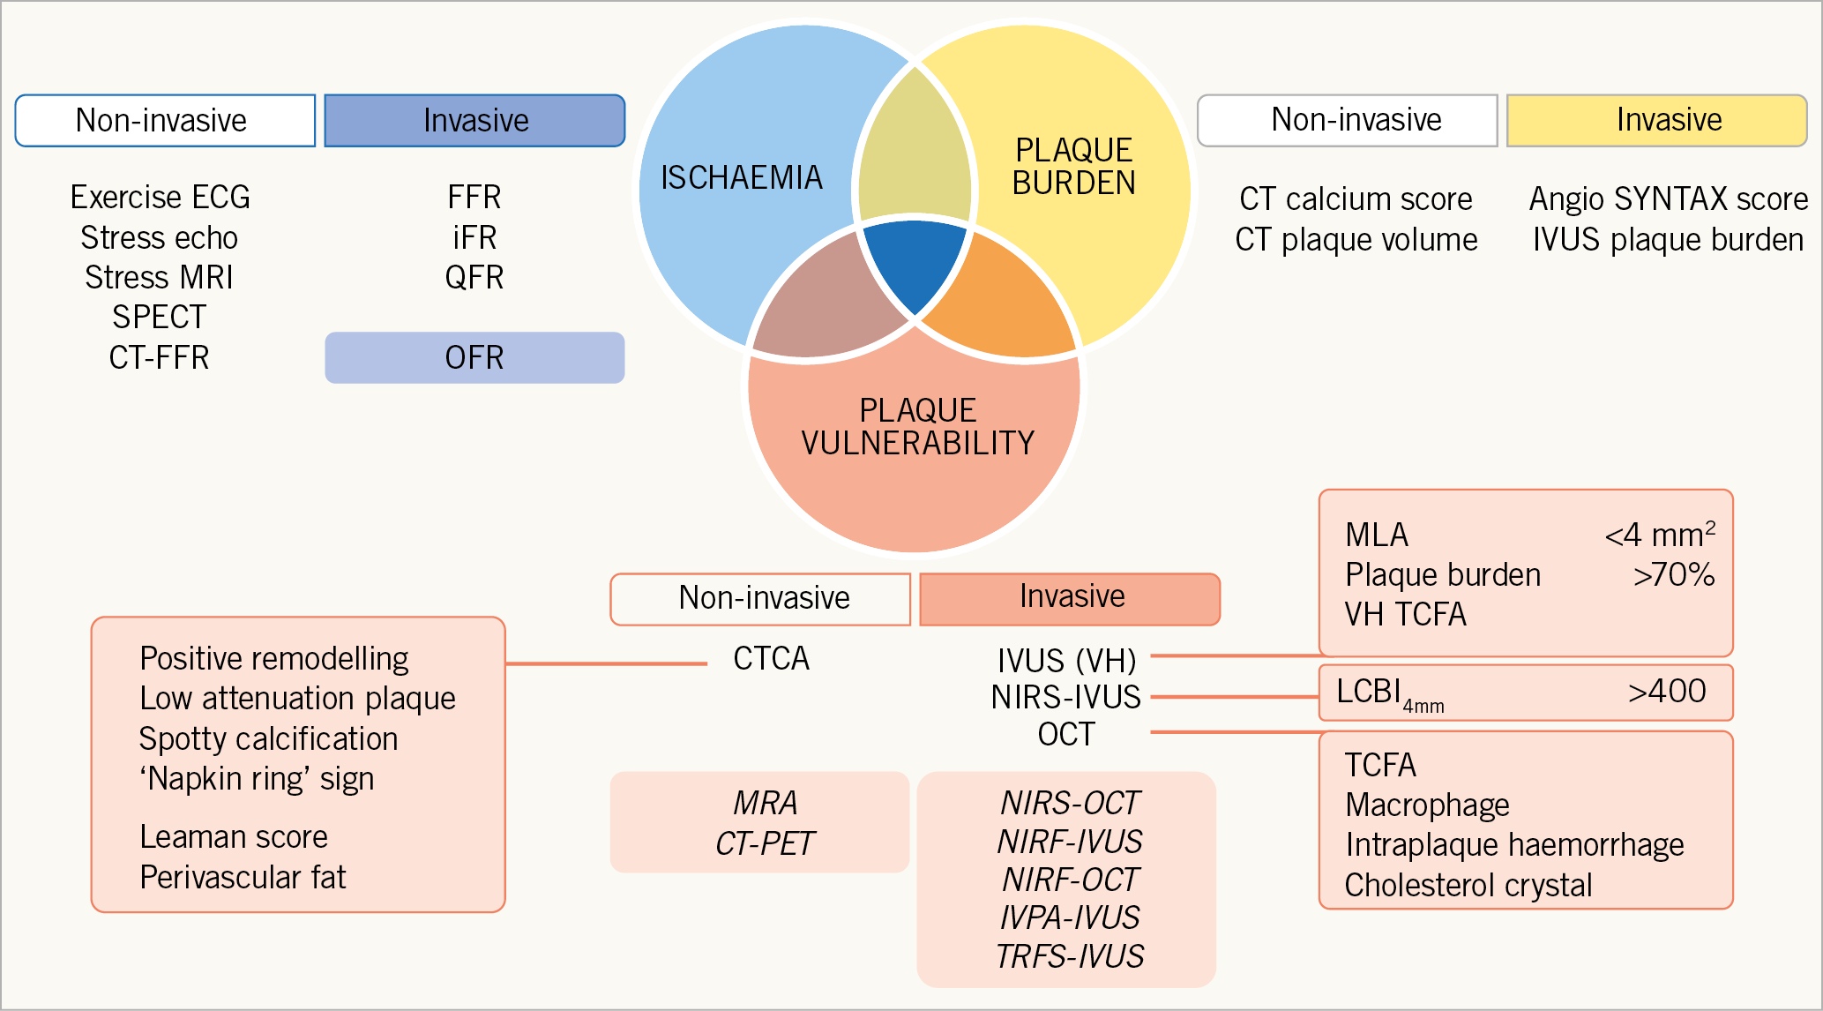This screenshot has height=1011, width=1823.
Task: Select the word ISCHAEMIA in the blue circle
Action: [742, 178]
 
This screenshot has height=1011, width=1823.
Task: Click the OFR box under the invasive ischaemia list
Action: [474, 357]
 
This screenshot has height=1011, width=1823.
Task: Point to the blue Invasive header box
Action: [474, 120]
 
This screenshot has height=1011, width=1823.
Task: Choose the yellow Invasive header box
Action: [1656, 120]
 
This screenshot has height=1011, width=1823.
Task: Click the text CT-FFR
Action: [159, 357]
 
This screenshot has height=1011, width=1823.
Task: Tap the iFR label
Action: [474, 237]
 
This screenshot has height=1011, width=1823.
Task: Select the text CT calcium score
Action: [1356, 199]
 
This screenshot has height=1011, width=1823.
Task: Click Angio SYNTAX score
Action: [1668, 199]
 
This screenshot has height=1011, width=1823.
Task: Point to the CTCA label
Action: [771, 659]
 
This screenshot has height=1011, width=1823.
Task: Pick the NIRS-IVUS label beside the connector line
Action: [1065, 697]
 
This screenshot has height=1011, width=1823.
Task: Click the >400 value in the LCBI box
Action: [1667, 691]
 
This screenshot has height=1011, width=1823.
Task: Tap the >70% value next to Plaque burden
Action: [1673, 575]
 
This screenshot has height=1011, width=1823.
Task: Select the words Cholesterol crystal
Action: [1468, 885]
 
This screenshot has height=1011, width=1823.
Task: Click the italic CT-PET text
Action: [765, 843]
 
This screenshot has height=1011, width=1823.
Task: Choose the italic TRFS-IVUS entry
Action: [1069, 956]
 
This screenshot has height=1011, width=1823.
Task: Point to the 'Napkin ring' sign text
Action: [257, 779]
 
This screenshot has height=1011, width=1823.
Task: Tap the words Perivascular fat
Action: [243, 877]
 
